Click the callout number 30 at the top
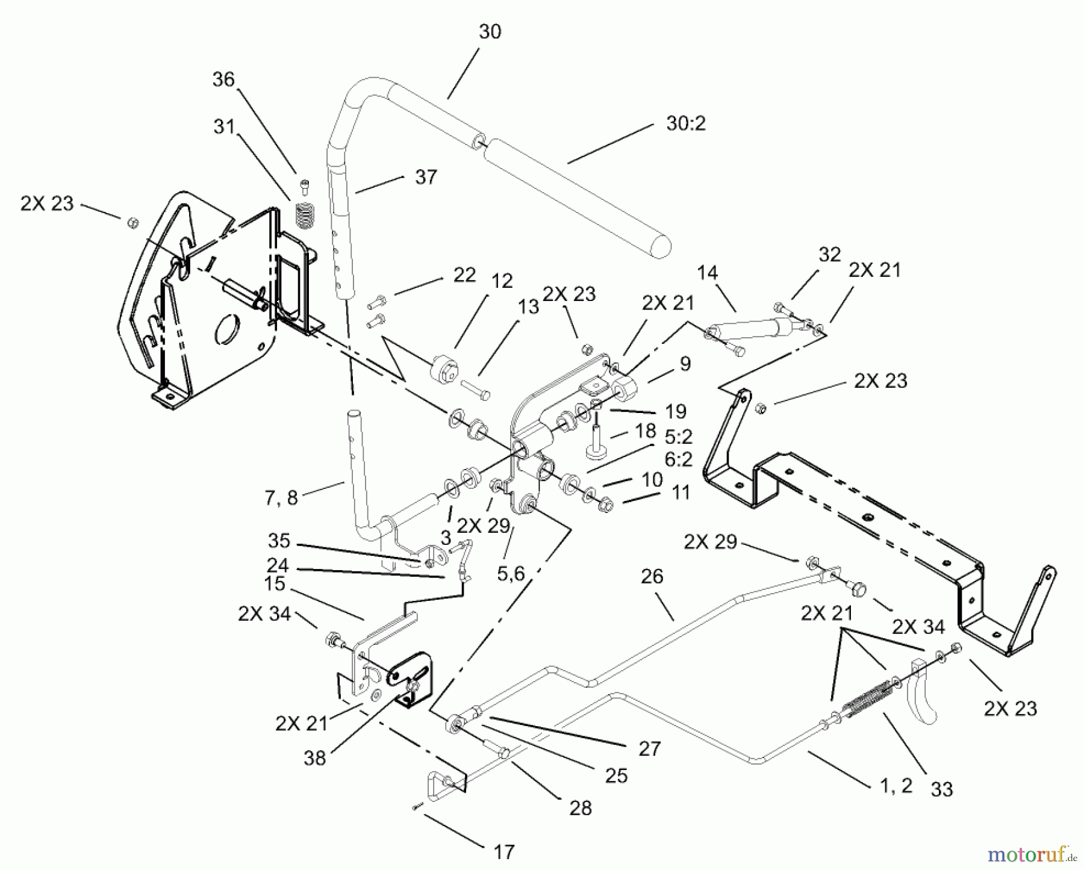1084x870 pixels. [x=490, y=31]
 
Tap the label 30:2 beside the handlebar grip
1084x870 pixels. [x=685, y=123]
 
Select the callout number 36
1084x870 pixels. [x=223, y=79]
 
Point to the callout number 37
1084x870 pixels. [x=425, y=178]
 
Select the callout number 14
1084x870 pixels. [x=708, y=273]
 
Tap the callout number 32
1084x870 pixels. [x=829, y=255]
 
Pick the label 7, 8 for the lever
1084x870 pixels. [x=281, y=498]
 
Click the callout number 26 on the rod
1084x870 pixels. [x=652, y=577]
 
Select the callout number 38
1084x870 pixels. [x=315, y=757]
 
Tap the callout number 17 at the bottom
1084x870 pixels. [x=504, y=852]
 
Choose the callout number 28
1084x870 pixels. [x=580, y=808]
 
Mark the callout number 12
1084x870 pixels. [x=502, y=281]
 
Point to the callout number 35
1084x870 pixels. [x=279, y=541]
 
